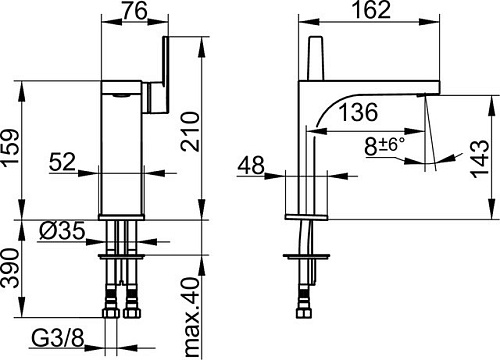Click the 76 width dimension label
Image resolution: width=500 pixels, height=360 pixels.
(134, 10)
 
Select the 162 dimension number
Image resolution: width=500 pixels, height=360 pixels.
(371, 10)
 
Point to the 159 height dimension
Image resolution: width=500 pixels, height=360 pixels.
(10, 150)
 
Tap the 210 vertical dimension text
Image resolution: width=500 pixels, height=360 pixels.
(190, 132)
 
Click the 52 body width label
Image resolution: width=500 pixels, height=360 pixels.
(63, 162)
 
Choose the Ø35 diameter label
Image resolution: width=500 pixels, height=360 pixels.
(62, 231)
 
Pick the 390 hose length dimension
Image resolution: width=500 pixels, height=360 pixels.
(10, 268)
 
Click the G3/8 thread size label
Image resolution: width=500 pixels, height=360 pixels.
(58, 339)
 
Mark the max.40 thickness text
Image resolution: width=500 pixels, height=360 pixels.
(191, 318)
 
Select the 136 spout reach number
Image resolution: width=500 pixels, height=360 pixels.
(358, 112)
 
